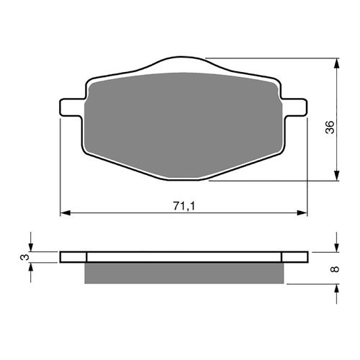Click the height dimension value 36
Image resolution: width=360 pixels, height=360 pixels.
pyautogui.click(x=329, y=127)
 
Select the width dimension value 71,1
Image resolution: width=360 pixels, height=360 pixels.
pyautogui.click(x=182, y=207)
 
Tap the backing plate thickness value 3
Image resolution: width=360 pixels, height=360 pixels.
pyautogui.click(x=23, y=256)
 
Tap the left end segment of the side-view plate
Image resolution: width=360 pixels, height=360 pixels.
pyautogui.click(x=73, y=256)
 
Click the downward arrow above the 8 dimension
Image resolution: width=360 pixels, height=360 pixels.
pyautogui.click(x=336, y=243)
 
